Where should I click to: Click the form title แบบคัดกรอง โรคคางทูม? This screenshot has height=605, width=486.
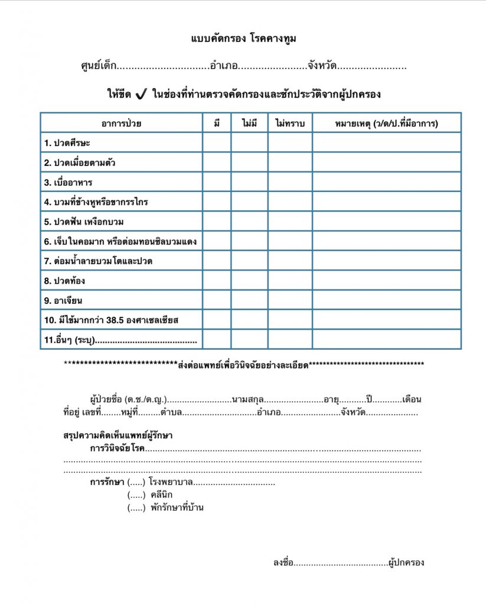243,39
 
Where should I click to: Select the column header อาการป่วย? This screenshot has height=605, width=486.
121,123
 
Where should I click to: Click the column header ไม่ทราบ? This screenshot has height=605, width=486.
290,123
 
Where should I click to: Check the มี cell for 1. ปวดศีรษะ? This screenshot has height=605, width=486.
217,142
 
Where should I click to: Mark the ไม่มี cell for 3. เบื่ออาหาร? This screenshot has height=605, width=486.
249,182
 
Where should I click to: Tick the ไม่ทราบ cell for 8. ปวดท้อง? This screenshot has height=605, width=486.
290,281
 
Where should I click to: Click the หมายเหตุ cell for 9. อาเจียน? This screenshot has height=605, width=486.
386,300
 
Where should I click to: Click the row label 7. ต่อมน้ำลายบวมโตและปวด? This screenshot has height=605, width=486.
98,261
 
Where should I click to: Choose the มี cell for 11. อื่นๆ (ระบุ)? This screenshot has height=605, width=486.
217,340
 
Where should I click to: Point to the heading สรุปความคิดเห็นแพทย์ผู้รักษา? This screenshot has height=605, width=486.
118,435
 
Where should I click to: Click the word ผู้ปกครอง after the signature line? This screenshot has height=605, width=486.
406,562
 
